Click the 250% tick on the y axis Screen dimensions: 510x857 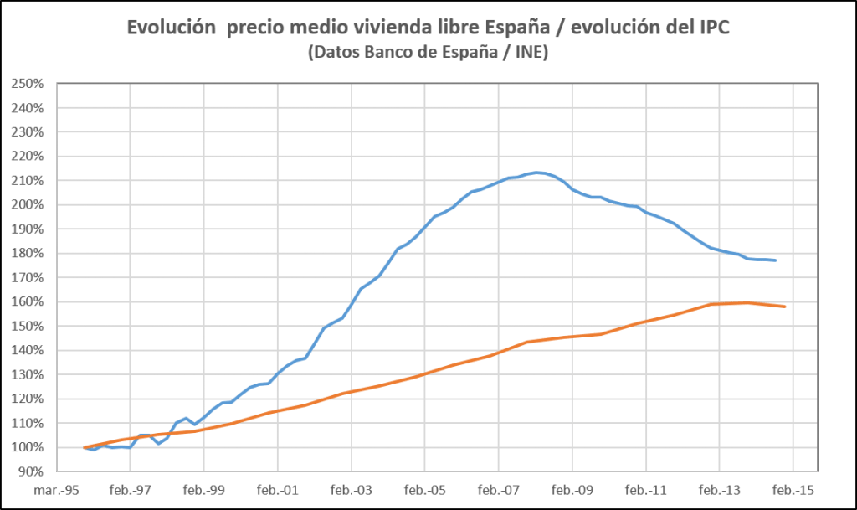(28, 84)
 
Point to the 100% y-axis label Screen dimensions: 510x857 (28, 447)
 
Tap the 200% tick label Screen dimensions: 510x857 (28, 205)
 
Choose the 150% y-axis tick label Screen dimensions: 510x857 (28, 326)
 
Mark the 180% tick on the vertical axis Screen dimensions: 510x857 (28, 253)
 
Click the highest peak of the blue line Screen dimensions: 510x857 (536, 173)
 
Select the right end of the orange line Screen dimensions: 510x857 (784, 307)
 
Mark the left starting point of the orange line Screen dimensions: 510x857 (85, 447)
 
